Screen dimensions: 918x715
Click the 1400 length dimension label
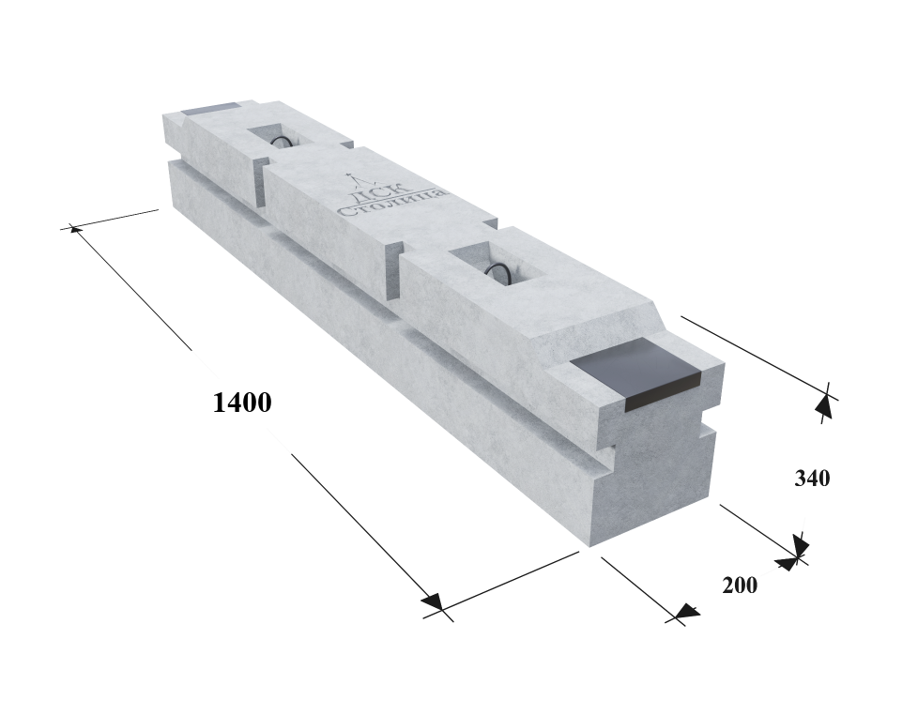point(242,403)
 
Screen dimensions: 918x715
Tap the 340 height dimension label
point(812,479)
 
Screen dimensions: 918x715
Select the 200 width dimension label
point(740,586)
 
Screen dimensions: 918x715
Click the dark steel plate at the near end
point(635,373)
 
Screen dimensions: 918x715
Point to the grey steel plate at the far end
point(209,109)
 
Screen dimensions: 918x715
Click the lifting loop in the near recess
point(500,271)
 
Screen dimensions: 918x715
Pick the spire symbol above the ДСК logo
point(353,178)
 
